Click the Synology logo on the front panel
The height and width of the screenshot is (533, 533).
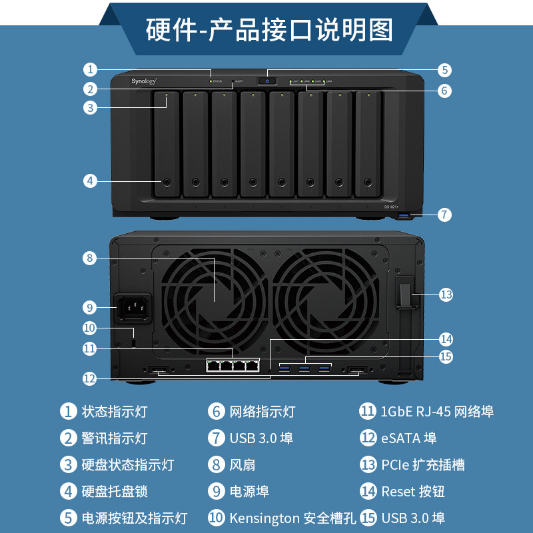(143, 81)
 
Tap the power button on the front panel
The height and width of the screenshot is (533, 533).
(267, 81)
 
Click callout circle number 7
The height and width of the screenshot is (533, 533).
(445, 215)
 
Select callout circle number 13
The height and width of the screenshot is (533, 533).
(446, 294)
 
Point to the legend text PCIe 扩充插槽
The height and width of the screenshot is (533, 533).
(423, 465)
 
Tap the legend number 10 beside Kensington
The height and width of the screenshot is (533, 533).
(217, 518)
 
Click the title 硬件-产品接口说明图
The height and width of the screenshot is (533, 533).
(269, 30)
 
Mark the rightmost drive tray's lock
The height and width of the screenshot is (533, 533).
(368, 181)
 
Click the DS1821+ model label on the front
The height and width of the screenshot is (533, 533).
(390, 207)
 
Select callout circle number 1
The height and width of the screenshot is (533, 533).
(91, 69)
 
